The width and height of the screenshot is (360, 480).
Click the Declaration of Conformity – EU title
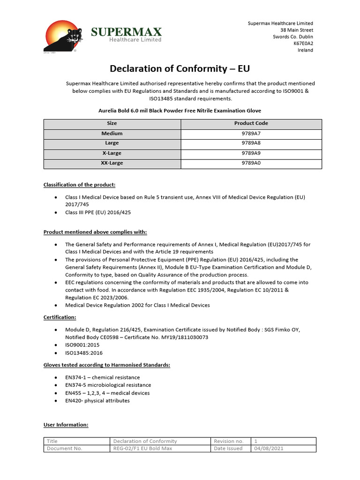pyautogui.click(x=180, y=69)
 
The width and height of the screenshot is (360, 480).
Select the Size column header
pyautogui.click(x=112, y=123)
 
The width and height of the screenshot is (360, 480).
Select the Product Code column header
pyautogui.click(x=251, y=123)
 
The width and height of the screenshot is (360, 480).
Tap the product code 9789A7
pyautogui.click(x=251, y=134)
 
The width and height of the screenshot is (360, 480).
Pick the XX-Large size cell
pyautogui.click(x=112, y=163)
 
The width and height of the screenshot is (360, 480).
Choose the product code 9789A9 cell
pyautogui.click(x=251, y=153)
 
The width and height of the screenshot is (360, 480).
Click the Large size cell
pyautogui.click(x=112, y=143)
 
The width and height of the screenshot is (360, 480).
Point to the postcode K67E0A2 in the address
pyautogui.click(x=303, y=44)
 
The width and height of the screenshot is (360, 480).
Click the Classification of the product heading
pyautogui.click(x=79, y=184)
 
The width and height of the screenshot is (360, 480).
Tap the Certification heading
pyautogui.click(x=60, y=317)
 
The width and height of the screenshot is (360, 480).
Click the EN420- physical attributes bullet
pyautogui.click(x=97, y=401)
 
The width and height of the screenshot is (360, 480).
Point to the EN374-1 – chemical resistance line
pyautogui.click(x=102, y=377)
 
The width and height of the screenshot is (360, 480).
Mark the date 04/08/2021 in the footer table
pyautogui.click(x=269, y=448)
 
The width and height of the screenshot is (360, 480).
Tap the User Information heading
pyautogui.click(x=66, y=425)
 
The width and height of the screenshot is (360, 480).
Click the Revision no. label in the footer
pyautogui.click(x=228, y=441)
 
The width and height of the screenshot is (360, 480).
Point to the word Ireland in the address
pyautogui.click(x=305, y=50)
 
